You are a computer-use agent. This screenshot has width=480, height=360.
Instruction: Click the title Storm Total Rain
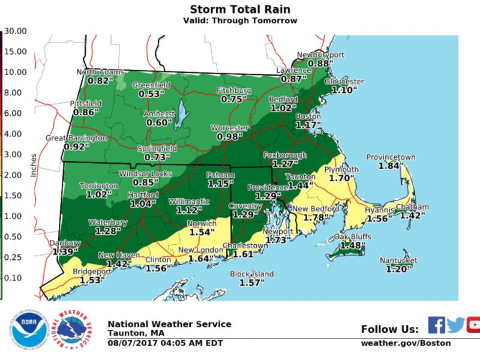[240, 9]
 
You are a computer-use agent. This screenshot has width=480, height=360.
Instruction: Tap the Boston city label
[310, 116]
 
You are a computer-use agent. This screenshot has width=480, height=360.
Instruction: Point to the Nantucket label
[398, 261]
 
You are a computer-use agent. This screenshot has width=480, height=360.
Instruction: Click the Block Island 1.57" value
[252, 283]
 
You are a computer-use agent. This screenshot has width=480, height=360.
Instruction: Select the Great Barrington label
[68, 138]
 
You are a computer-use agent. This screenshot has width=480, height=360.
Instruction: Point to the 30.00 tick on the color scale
[14, 31]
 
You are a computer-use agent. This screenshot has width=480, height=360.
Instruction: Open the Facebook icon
[436, 325]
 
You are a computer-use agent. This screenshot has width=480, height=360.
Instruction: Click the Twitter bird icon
[455, 325]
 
